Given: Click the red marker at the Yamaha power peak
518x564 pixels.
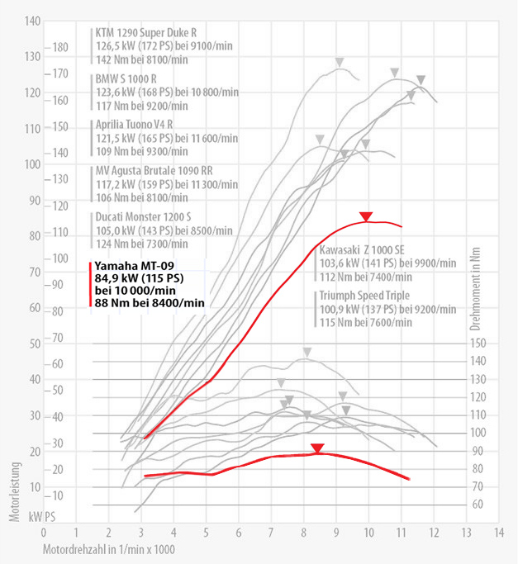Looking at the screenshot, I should pyautogui.click(x=365, y=217).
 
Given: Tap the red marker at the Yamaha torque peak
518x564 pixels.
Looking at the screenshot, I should pyautogui.click(x=317, y=448).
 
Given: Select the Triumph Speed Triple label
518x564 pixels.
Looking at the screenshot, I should pyautogui.click(x=367, y=296).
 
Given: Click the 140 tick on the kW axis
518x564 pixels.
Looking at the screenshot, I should pyautogui.click(x=33, y=21).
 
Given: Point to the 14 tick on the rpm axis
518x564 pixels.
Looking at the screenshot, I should pyautogui.click(x=498, y=533).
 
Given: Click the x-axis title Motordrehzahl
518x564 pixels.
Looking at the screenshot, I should pyautogui.click(x=109, y=549).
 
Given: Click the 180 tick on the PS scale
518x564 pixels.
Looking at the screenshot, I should pyautogui.click(x=61, y=47).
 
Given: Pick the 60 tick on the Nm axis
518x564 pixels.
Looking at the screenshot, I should pyautogui.click(x=480, y=504).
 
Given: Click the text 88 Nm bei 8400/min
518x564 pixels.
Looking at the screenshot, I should pyautogui.click(x=150, y=302).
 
